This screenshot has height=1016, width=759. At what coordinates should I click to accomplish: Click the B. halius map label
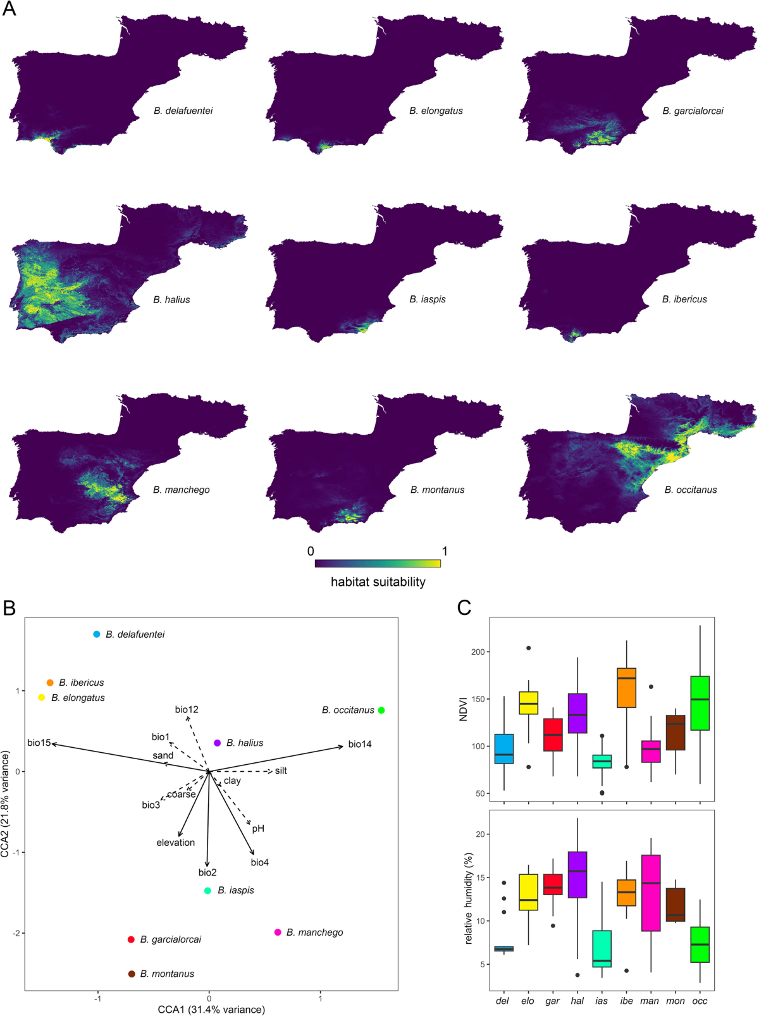pyautogui.click(x=171, y=300)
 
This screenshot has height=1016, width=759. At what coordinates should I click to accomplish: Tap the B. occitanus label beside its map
pyautogui.click(x=691, y=490)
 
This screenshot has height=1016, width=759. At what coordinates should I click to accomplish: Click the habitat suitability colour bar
pyautogui.click(x=378, y=563)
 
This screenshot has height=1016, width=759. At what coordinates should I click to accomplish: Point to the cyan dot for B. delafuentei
pyautogui.click(x=97, y=634)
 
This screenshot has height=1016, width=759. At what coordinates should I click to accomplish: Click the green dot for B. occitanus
pyautogui.click(x=381, y=710)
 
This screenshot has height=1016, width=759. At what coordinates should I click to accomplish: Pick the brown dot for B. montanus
pyautogui.click(x=132, y=974)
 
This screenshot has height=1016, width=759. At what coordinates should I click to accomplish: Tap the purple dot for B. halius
pyautogui.click(x=218, y=743)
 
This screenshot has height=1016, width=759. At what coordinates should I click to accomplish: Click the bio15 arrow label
pyautogui.click(x=39, y=743)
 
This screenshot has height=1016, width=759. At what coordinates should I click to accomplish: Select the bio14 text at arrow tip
pyautogui.click(x=360, y=744)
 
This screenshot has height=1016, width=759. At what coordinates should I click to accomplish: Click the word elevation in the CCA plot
pyautogui.click(x=176, y=843)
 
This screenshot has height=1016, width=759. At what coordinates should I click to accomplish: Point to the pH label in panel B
pyautogui.click(x=258, y=829)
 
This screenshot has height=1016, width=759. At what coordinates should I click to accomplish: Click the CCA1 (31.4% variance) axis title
pyautogui.click(x=211, y=1009)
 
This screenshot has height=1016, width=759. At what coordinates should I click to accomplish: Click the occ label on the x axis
pyautogui.click(x=700, y=1001)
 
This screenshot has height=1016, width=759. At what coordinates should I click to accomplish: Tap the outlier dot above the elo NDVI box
pyautogui.click(x=529, y=648)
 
